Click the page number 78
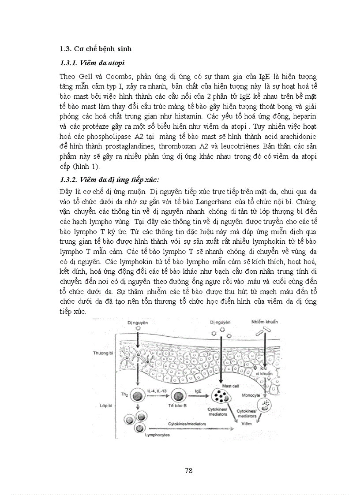tap(188, 470)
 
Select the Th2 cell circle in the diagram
tap(139, 395)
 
